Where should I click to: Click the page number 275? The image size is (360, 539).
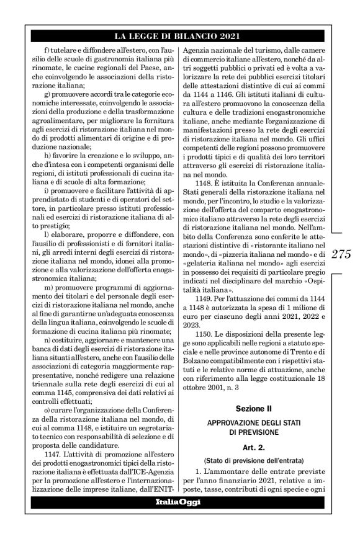(x=342, y=254)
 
